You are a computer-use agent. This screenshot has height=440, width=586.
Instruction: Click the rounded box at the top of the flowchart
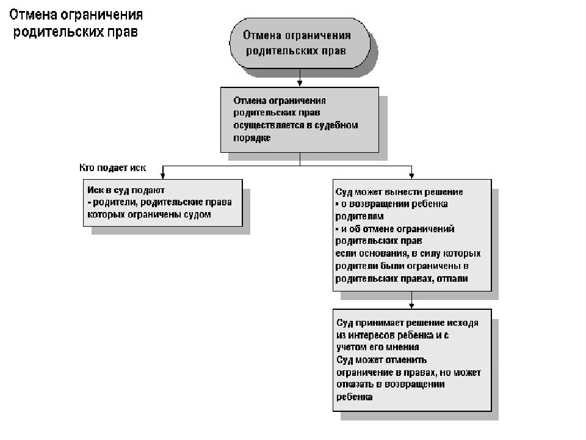point(299,44)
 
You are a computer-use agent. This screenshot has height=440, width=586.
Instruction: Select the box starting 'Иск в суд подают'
point(162,202)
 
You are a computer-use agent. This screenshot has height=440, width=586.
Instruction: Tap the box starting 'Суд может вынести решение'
point(411,234)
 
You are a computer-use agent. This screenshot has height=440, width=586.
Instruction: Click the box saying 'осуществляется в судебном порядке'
point(299,119)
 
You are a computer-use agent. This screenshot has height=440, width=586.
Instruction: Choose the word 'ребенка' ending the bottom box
point(354,397)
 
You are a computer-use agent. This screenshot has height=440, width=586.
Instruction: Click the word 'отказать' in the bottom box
point(355,384)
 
